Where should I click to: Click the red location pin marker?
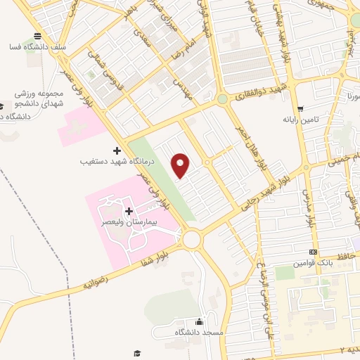click(x=181, y=165)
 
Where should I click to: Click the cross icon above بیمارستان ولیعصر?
click(x=128, y=211)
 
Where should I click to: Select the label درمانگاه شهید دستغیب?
click(x=115, y=161)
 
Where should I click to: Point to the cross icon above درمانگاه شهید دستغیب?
click(x=117, y=150)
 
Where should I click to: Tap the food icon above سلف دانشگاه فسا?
click(x=37, y=37)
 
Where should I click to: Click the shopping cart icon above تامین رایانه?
click(x=300, y=109)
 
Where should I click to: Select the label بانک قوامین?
click(x=311, y=262)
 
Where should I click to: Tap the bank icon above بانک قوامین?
click(x=312, y=252)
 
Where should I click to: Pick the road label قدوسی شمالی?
click(x=106, y=71)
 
